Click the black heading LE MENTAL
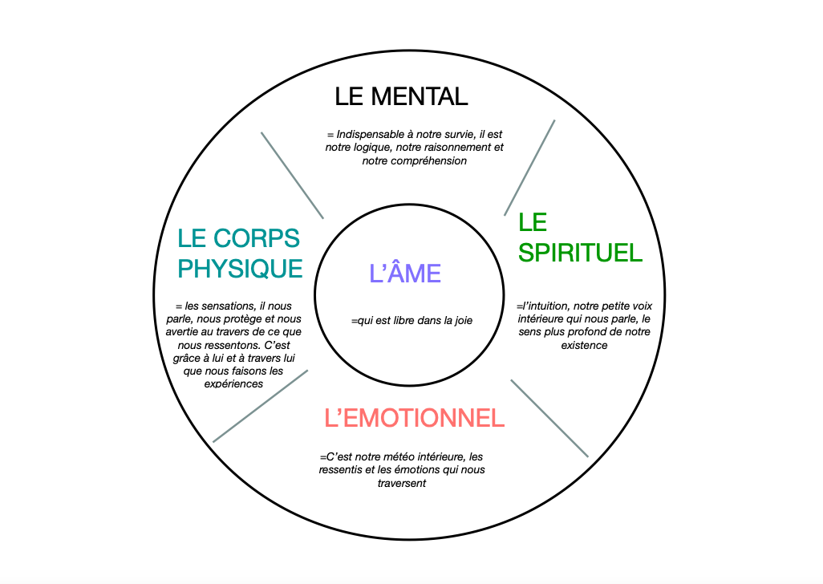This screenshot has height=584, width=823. click(401, 97)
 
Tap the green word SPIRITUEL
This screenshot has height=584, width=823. click(580, 252)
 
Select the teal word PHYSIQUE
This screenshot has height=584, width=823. click(240, 267)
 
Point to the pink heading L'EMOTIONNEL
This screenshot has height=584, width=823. click(414, 418)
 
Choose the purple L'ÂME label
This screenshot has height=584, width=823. click(405, 274)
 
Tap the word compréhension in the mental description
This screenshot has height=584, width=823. click(427, 160)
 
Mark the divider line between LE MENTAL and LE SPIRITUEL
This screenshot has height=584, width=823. click(529, 168)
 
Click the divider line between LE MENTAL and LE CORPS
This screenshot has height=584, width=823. click(293, 175)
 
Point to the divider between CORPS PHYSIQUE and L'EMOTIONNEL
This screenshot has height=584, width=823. click(260, 406)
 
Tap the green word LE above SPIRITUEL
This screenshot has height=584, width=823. click(533, 222)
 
